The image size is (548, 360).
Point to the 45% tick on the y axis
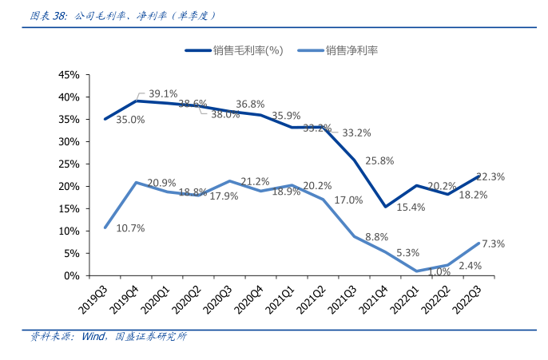pyautogui.click(x=68, y=75)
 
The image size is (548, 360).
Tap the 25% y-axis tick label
pyautogui.click(x=68, y=164)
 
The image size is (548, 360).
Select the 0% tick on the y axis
pyautogui.click(x=71, y=275)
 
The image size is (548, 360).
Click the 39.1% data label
pyautogui.click(x=163, y=93)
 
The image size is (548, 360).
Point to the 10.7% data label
pyautogui.click(x=130, y=228)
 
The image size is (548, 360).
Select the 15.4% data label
pyautogui.click(x=410, y=207)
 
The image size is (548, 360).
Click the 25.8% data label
pyautogui.click(x=379, y=160)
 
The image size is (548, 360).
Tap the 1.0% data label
pyautogui.click(x=439, y=271)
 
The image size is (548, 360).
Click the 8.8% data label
pyautogui.click(x=377, y=237)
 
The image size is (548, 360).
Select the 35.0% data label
pyautogui.click(x=130, y=120)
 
